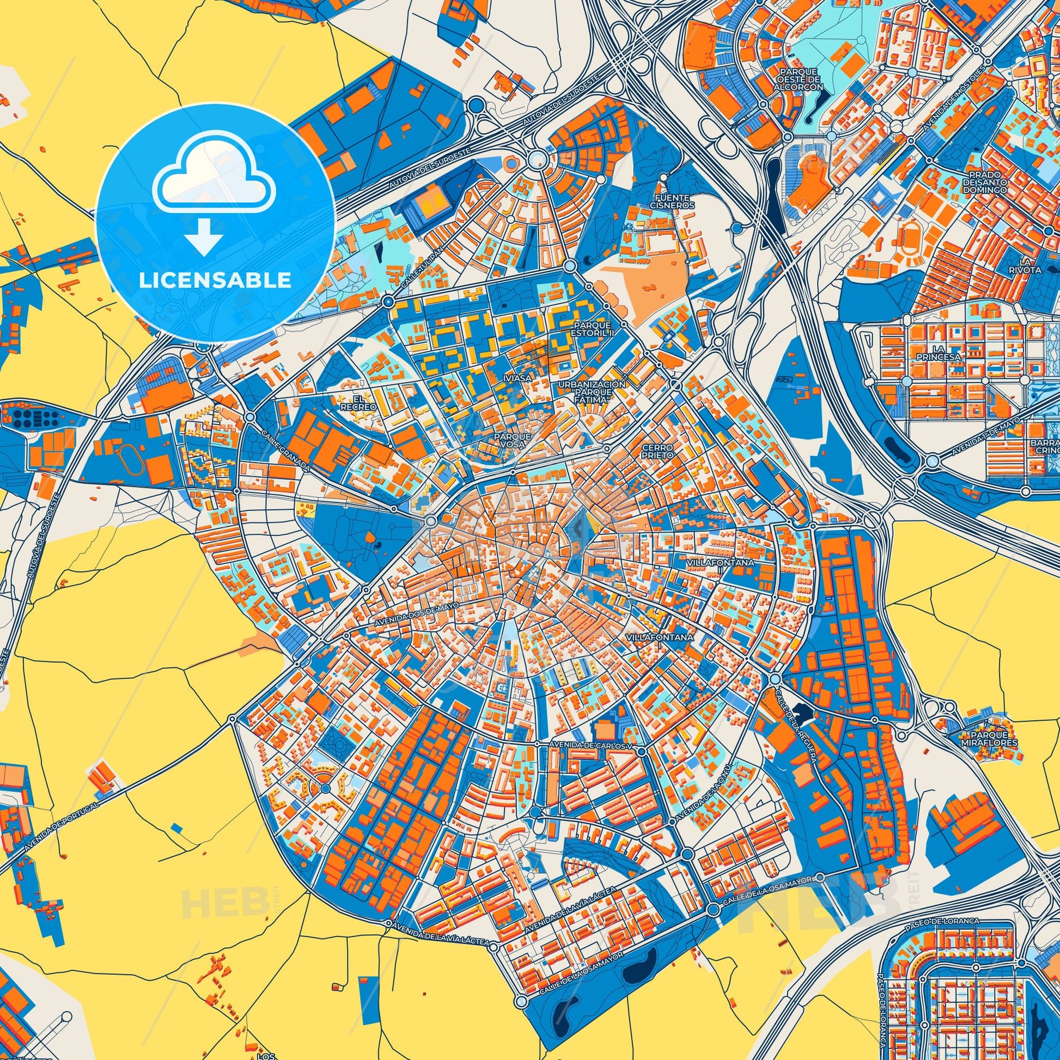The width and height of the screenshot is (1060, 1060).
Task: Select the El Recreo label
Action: pos(358,403)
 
